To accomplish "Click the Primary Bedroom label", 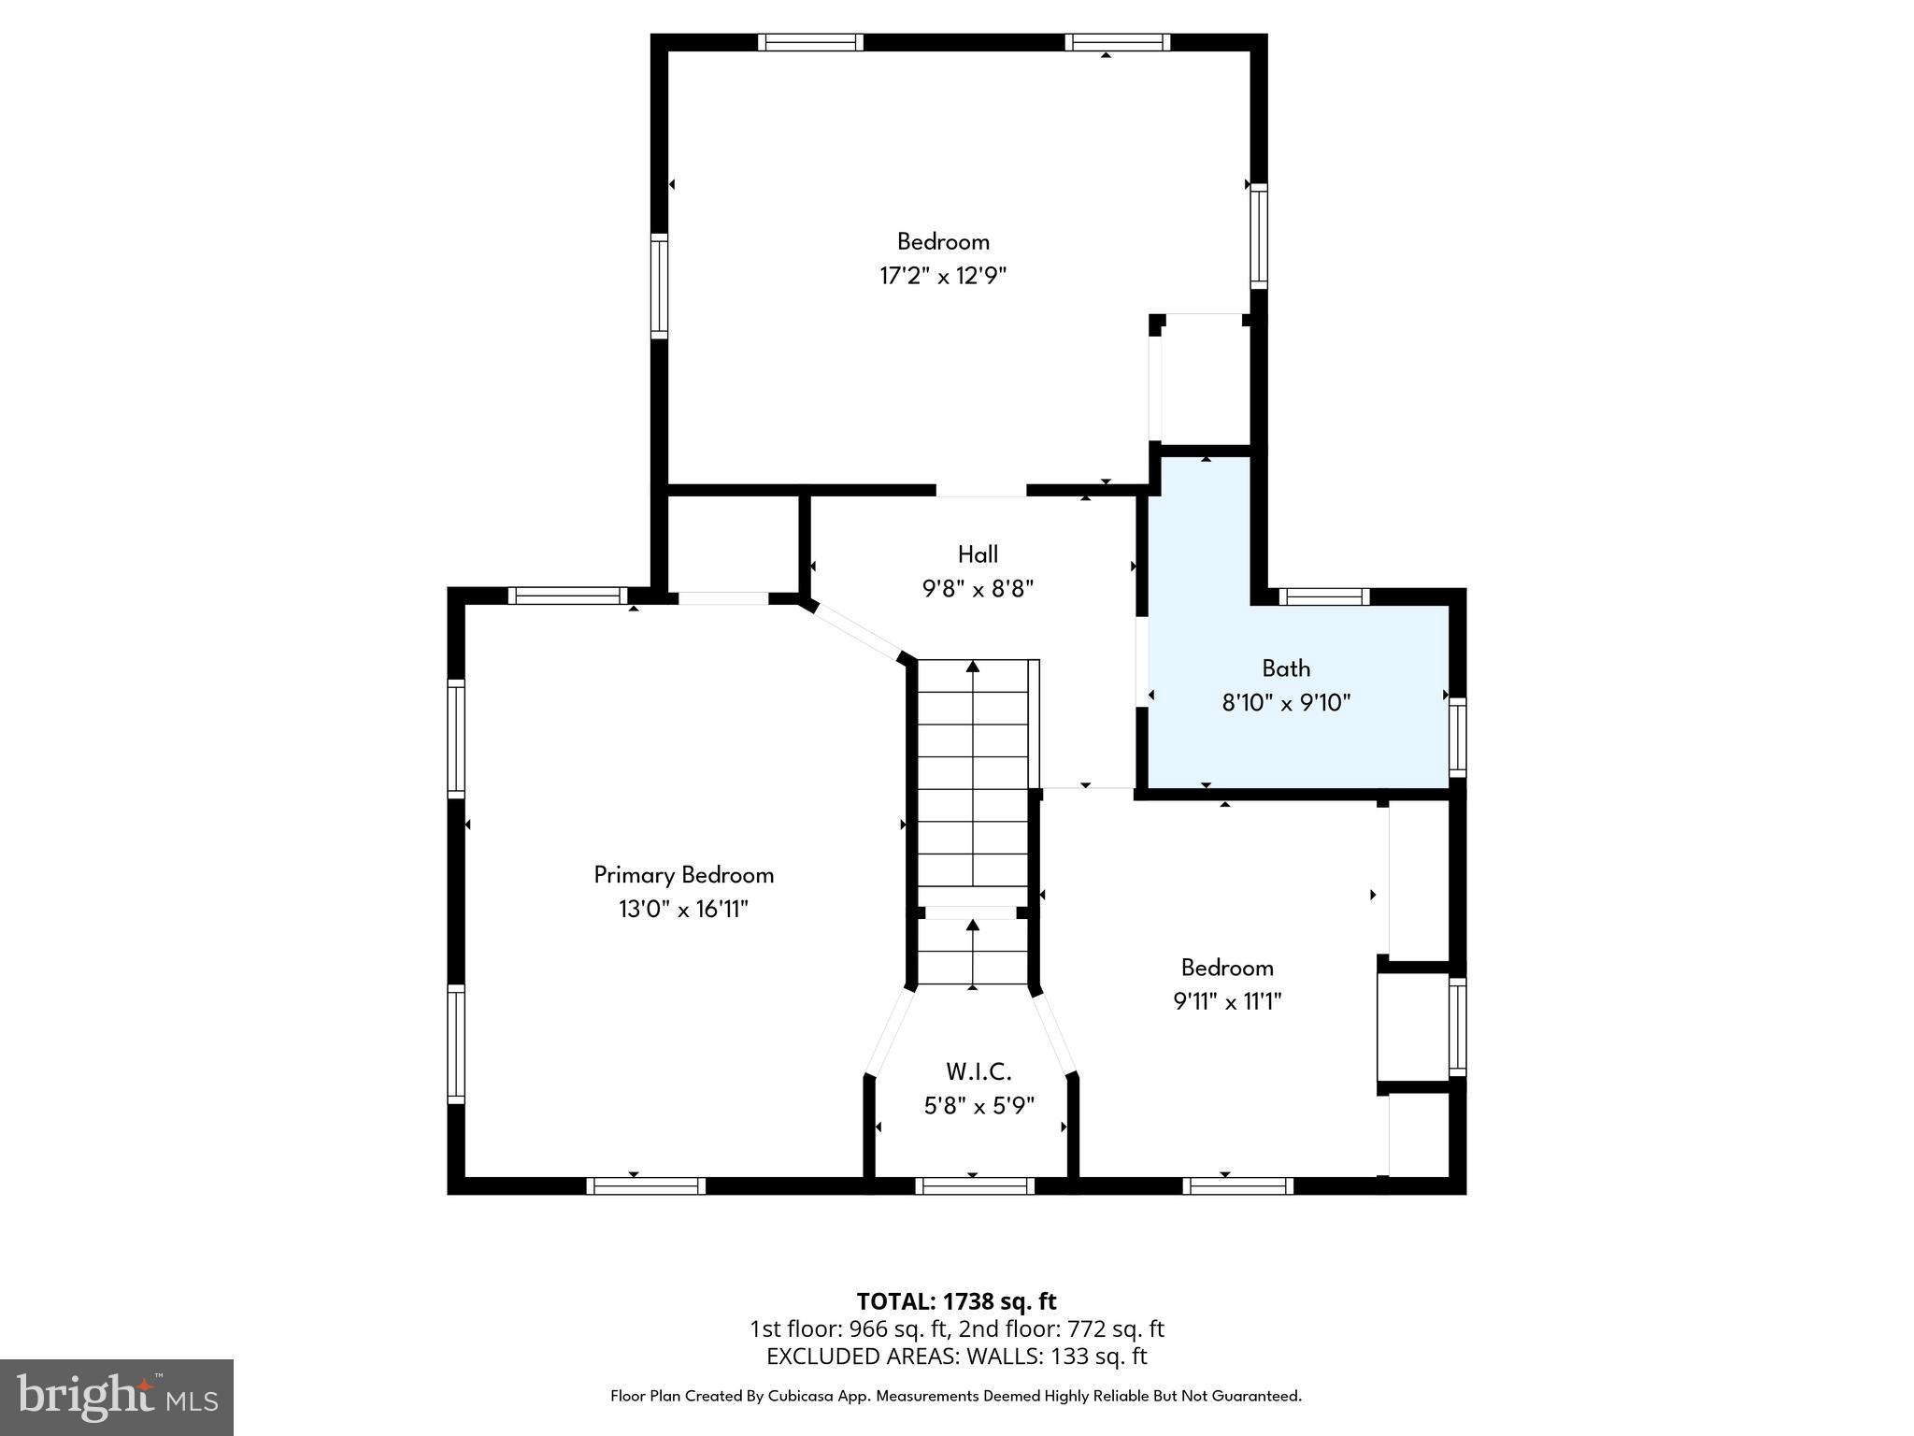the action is click(x=684, y=875).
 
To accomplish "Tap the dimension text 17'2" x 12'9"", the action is click(x=943, y=276).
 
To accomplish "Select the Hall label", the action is click(x=978, y=554).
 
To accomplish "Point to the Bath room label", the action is click(x=1286, y=668).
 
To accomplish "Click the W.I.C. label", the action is click(x=978, y=1071).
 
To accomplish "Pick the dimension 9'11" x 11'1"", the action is click(x=1227, y=1001).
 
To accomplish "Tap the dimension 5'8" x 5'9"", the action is click(x=978, y=1106).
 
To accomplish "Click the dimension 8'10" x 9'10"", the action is click(x=1286, y=702).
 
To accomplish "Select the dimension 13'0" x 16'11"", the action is click(x=684, y=909).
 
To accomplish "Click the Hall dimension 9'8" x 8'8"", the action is click(x=978, y=589).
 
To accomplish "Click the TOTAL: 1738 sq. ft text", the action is click(x=956, y=1301).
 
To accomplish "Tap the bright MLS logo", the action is click(x=117, y=1398).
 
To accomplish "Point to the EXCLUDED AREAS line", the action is click(x=956, y=1357).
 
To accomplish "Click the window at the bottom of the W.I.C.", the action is click(x=975, y=1186).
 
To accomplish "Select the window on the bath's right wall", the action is click(x=1457, y=738).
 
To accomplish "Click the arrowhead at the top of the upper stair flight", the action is click(x=973, y=667).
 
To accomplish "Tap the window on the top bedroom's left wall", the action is click(x=660, y=286).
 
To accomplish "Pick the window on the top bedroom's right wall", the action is click(x=1259, y=237).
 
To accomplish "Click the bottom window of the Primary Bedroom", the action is click(x=646, y=1186).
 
